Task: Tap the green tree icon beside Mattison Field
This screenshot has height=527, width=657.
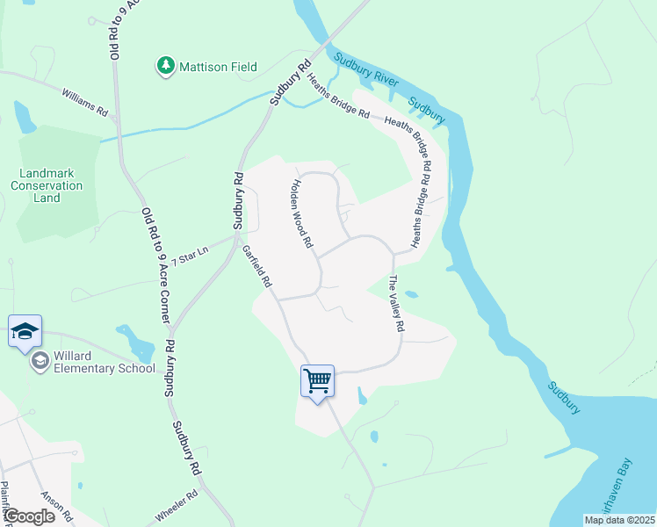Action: pyautogui.click(x=164, y=66)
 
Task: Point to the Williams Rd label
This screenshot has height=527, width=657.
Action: pyautogui.click(x=84, y=103)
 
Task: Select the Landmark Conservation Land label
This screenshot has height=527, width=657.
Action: pyautogui.click(x=47, y=185)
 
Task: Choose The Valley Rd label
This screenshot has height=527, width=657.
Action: pyautogui.click(x=395, y=303)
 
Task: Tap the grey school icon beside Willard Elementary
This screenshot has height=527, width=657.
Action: pyautogui.click(x=40, y=361)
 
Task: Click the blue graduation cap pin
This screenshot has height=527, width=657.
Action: pyautogui.click(x=25, y=332)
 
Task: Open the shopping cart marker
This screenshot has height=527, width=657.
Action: pyautogui.click(x=317, y=381)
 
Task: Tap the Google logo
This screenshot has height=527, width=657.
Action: pyautogui.click(x=28, y=516)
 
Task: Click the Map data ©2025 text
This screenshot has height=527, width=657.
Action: pyautogui.click(x=619, y=520)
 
